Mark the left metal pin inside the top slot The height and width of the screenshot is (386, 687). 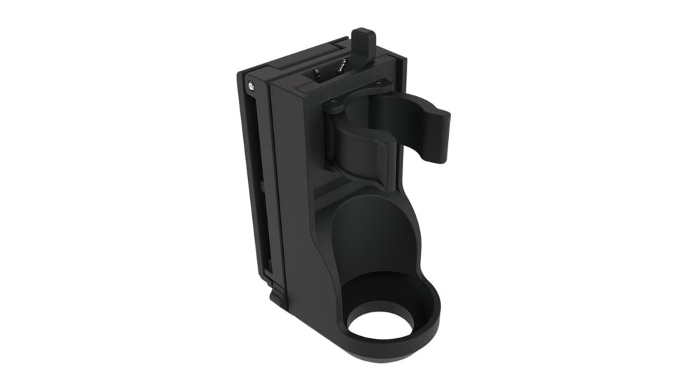(318, 73)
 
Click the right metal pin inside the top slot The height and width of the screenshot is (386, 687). (341, 68)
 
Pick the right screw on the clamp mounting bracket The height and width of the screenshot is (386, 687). (383, 85)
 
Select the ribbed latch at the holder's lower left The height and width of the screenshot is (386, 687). (278, 295)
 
